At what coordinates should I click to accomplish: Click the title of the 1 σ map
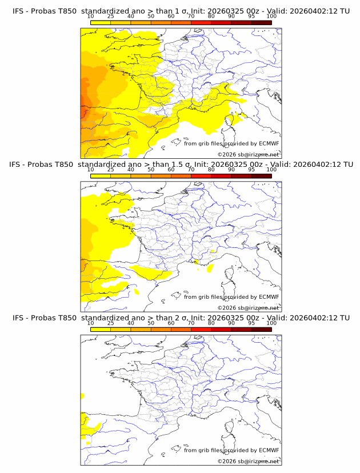click(x=181, y=11)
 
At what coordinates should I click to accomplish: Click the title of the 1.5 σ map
click(x=181, y=165)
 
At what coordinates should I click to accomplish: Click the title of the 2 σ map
click(x=181, y=318)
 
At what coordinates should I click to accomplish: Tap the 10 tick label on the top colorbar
click(x=91, y=17)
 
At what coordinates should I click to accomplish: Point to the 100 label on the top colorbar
click(x=271, y=17)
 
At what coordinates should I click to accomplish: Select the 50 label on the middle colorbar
click(x=151, y=170)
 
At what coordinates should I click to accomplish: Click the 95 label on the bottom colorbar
click(x=251, y=323)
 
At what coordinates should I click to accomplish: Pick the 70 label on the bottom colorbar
click(x=191, y=323)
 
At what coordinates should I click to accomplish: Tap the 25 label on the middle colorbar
click(x=111, y=170)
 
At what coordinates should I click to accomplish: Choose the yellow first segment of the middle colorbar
click(x=101, y=176)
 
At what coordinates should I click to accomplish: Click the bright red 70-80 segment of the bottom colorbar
click(x=201, y=329)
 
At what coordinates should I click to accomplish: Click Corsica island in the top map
click(x=233, y=119)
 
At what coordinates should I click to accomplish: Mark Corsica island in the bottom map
click(x=233, y=426)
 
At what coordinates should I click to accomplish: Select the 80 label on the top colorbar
click(x=211, y=17)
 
